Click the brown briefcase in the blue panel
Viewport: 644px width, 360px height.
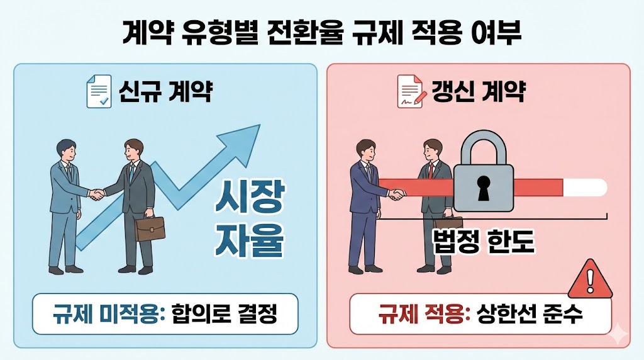pos(150,229)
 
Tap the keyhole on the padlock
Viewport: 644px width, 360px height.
pos(484,187)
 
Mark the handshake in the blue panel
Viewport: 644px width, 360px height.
pos(96,195)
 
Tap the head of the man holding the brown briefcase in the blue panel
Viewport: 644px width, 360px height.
pos(133,150)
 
